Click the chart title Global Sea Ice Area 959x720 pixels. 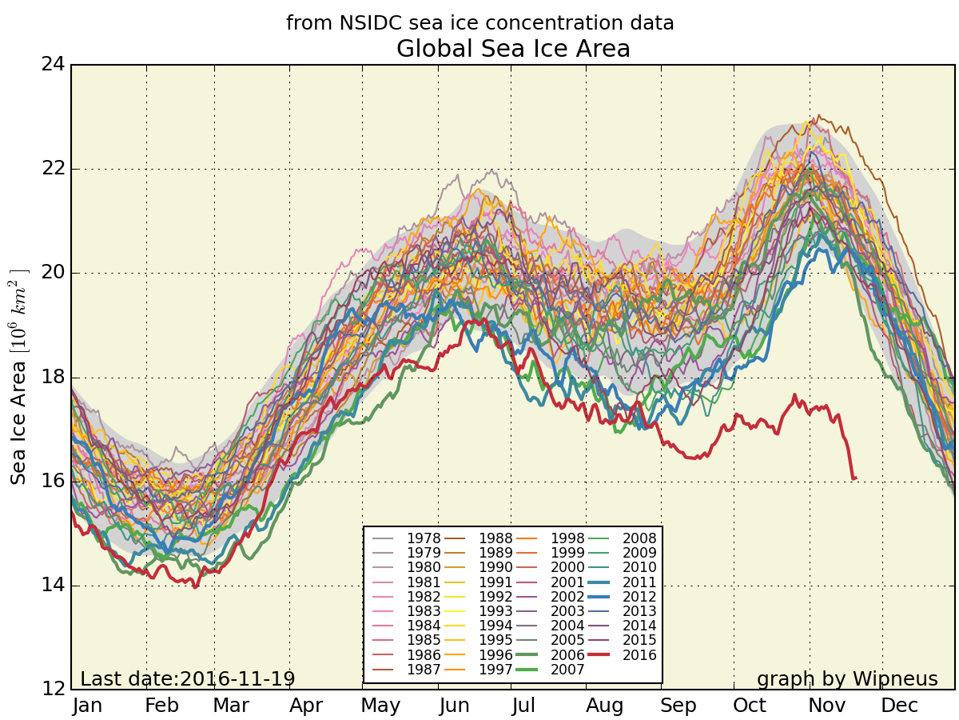tap(513, 50)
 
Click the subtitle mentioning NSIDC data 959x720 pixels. tap(479, 23)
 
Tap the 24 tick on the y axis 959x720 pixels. tap(53, 64)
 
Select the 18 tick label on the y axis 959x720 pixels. tap(53, 378)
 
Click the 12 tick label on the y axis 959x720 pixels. tap(53, 690)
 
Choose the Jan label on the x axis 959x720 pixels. tap(87, 706)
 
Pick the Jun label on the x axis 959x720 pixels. tap(455, 706)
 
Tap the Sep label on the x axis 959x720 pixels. tap(678, 706)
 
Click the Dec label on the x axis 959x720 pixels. tap(900, 706)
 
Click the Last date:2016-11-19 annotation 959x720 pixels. tap(188, 679)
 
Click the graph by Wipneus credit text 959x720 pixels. tap(847, 679)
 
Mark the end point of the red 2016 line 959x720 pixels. tap(855, 478)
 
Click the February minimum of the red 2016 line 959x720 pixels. tap(194, 587)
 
